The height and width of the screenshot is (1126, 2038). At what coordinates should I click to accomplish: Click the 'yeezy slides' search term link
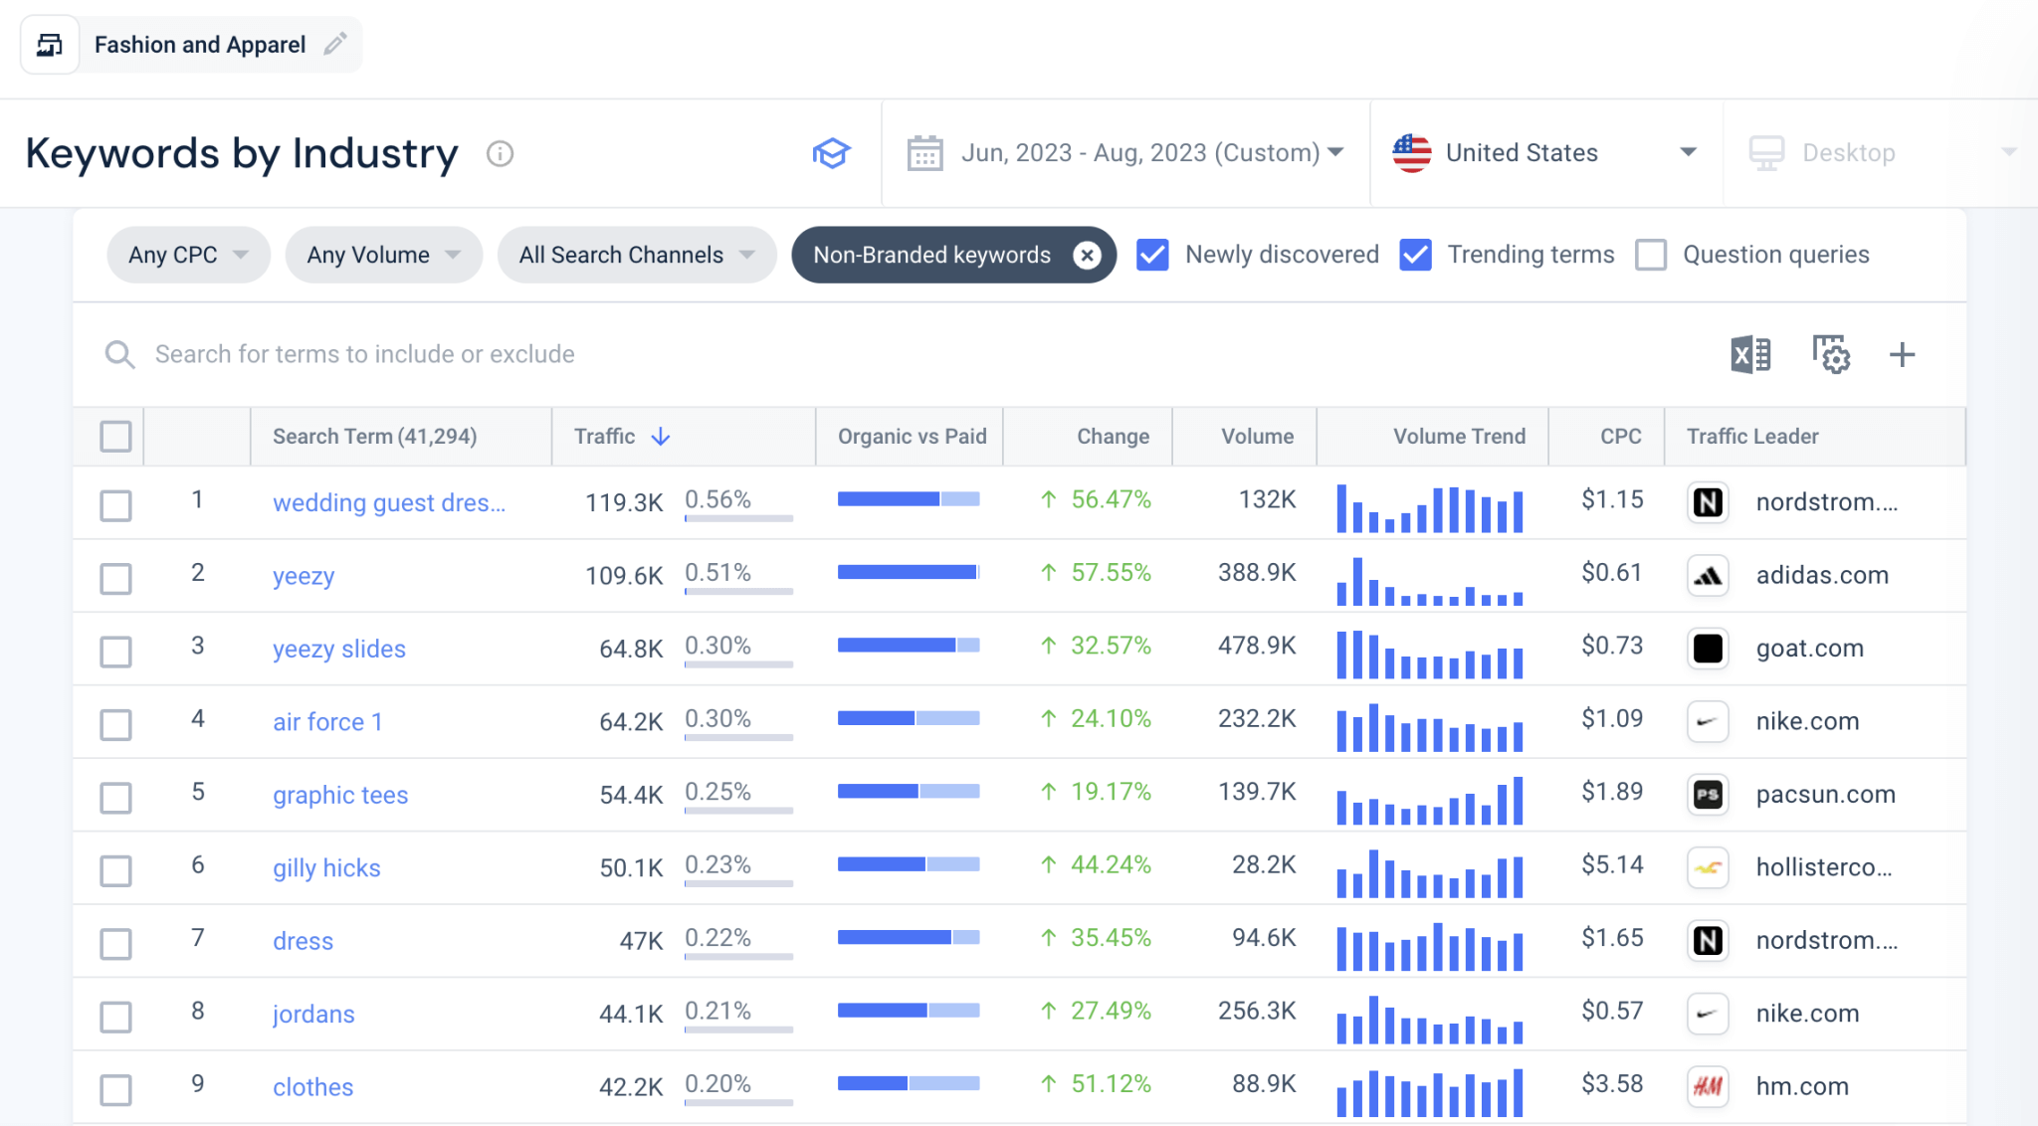[338, 650]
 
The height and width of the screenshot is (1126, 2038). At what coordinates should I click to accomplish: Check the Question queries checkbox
[1651, 256]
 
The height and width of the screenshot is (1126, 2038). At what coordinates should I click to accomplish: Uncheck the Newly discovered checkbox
[1152, 256]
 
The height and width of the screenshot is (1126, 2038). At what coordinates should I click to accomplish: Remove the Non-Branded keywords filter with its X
[1087, 256]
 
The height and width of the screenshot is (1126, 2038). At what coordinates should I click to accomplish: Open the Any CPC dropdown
[188, 256]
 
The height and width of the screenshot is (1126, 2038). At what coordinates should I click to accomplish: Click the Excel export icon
[1750, 355]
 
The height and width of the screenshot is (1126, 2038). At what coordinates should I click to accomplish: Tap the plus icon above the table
[1902, 355]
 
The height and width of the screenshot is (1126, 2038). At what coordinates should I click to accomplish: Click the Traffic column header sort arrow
[661, 437]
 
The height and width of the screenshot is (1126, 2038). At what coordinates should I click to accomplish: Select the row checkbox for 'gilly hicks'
[116, 870]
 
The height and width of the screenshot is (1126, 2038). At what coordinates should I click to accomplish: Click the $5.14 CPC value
[1612, 865]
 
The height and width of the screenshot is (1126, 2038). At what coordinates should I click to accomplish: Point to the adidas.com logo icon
[1708, 576]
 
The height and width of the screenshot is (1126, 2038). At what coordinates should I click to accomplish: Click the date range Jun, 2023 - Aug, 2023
[1139, 153]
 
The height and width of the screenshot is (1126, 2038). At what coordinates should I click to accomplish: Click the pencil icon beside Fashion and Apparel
[335, 45]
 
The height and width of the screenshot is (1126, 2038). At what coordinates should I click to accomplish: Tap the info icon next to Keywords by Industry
[500, 154]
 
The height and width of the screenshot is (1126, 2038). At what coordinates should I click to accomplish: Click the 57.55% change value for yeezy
[1110, 573]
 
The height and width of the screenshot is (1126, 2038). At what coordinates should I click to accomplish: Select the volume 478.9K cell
[1257, 647]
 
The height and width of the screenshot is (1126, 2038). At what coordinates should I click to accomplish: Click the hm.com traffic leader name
[1801, 1087]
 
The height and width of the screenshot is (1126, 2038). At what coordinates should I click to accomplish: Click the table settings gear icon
[1830, 355]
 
